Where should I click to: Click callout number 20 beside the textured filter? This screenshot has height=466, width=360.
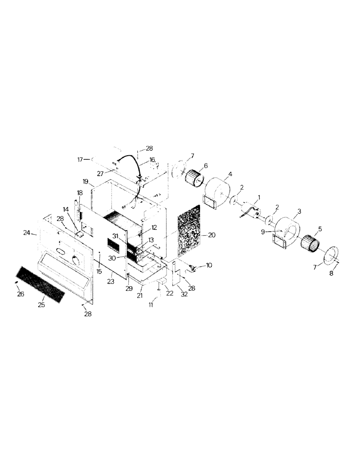212,235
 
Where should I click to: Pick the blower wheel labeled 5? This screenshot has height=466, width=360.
310,243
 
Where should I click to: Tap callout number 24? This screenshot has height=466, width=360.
27,233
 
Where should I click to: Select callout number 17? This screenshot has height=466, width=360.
80,159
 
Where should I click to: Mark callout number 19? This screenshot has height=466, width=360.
85,181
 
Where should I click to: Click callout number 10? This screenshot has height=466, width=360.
208,266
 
